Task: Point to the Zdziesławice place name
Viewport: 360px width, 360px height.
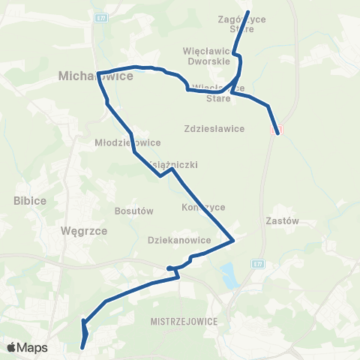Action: tap(214, 128)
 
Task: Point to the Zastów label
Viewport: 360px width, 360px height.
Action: tap(283, 221)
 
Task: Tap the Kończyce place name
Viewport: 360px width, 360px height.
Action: tap(203, 207)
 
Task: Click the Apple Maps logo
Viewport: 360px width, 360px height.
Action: tap(27, 347)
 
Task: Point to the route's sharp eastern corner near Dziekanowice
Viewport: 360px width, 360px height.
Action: tap(235, 241)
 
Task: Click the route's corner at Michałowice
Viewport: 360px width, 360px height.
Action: tap(98, 73)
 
